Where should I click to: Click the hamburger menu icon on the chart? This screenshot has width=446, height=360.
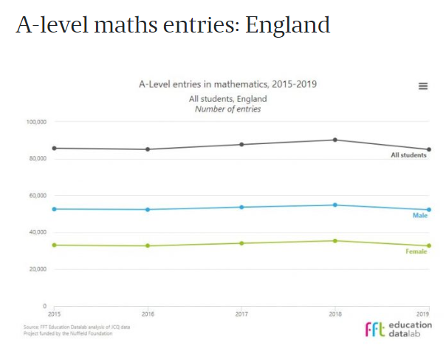(x=423, y=86)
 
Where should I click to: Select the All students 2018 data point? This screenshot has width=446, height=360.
(x=334, y=140)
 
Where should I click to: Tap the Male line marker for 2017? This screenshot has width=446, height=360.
(x=241, y=207)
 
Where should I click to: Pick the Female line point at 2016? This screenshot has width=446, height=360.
(x=148, y=245)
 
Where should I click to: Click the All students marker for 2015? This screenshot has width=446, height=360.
(x=55, y=148)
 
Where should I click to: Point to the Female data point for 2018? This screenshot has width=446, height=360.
(x=334, y=240)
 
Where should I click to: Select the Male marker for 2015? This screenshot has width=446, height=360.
(x=55, y=209)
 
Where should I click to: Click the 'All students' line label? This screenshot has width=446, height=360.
(x=408, y=155)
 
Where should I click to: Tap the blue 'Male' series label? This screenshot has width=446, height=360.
(x=419, y=215)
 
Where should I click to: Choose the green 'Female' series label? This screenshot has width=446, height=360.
(x=416, y=251)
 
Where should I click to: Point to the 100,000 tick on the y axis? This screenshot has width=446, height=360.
(x=35, y=121)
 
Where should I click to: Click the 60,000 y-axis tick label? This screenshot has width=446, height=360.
(x=37, y=195)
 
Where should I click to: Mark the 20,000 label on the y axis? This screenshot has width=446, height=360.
(x=37, y=269)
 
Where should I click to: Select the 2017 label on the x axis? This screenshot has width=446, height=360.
(x=241, y=313)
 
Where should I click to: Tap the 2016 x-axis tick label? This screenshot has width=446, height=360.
(x=148, y=313)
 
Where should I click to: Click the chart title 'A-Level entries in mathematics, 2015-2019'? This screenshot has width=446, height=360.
(x=227, y=84)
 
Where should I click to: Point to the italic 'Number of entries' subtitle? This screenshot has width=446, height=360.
(x=227, y=109)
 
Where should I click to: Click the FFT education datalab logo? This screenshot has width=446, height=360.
(x=399, y=329)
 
